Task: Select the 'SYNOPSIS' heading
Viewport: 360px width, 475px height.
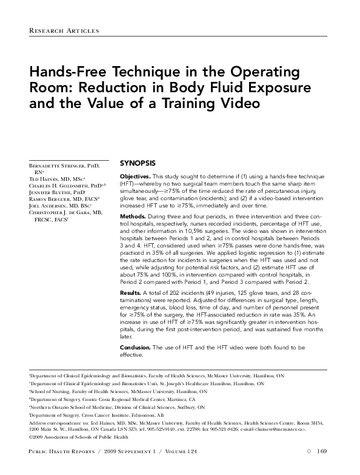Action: pos(138,163)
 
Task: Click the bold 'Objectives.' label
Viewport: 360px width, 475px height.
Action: pos(136,175)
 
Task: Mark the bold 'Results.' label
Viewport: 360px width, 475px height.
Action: pos(132,293)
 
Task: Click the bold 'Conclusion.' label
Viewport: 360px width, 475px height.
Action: pos(137,347)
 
